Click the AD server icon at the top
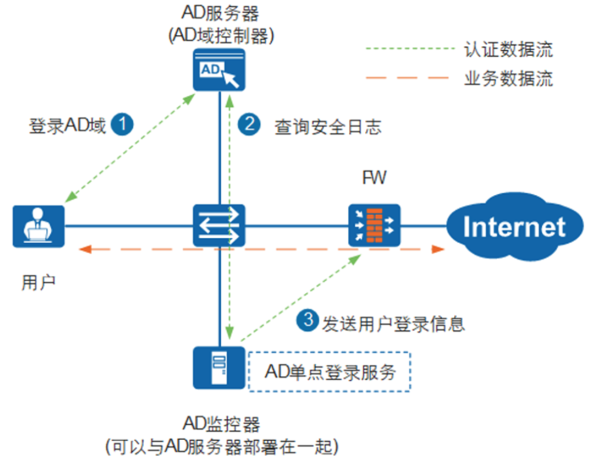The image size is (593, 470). (219, 70)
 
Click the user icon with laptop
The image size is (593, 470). (38, 226)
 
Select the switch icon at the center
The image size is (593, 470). (219, 226)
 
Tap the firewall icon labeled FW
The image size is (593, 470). (374, 226)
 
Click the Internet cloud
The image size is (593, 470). (514, 227)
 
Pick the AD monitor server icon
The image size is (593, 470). (219, 367)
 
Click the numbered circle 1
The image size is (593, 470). (122, 125)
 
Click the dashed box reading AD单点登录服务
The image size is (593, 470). (330, 372)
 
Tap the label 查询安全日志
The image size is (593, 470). (328, 127)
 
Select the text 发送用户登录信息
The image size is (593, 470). (393, 323)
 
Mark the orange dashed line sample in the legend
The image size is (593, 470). (407, 78)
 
